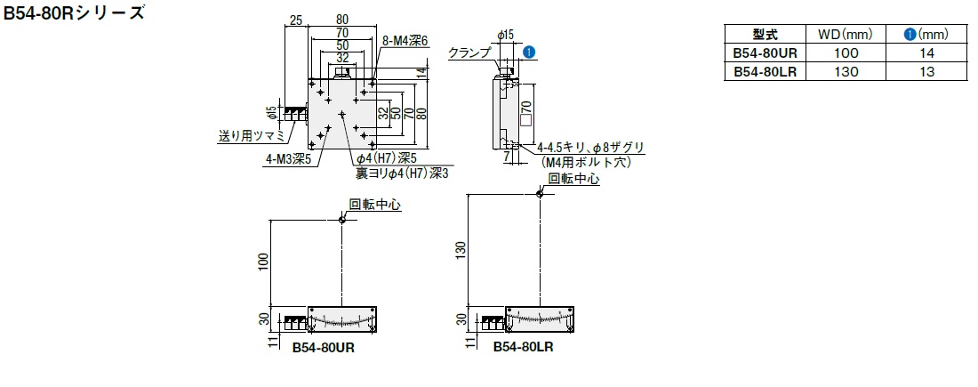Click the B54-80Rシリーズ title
74,14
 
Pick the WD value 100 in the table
846,53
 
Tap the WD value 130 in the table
846,72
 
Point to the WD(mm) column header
846,35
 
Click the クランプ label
469,52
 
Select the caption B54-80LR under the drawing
524,347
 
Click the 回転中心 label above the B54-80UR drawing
375,204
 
